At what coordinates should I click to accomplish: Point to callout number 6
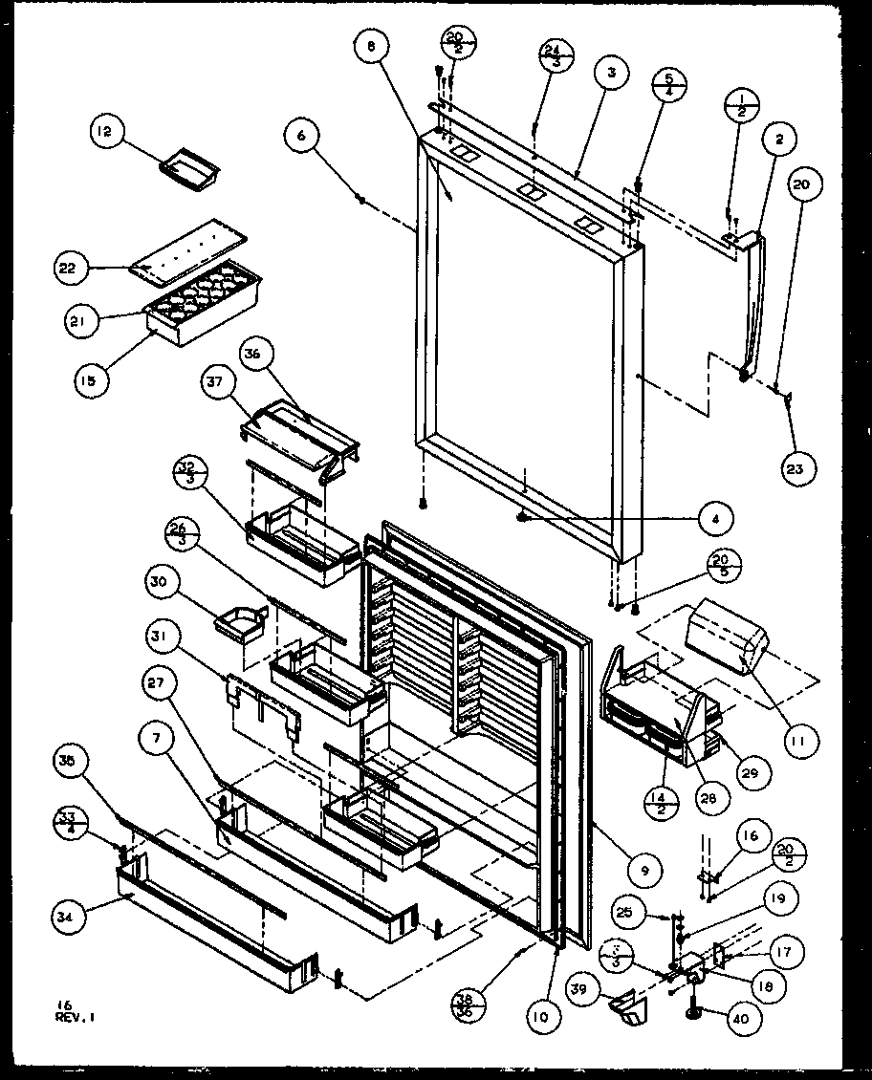pos(302,136)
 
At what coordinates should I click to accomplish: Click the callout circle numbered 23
pos(797,467)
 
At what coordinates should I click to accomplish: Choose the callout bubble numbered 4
pos(714,519)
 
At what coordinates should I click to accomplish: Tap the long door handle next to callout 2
pos(755,301)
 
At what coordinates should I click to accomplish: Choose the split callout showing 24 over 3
pos(553,54)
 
